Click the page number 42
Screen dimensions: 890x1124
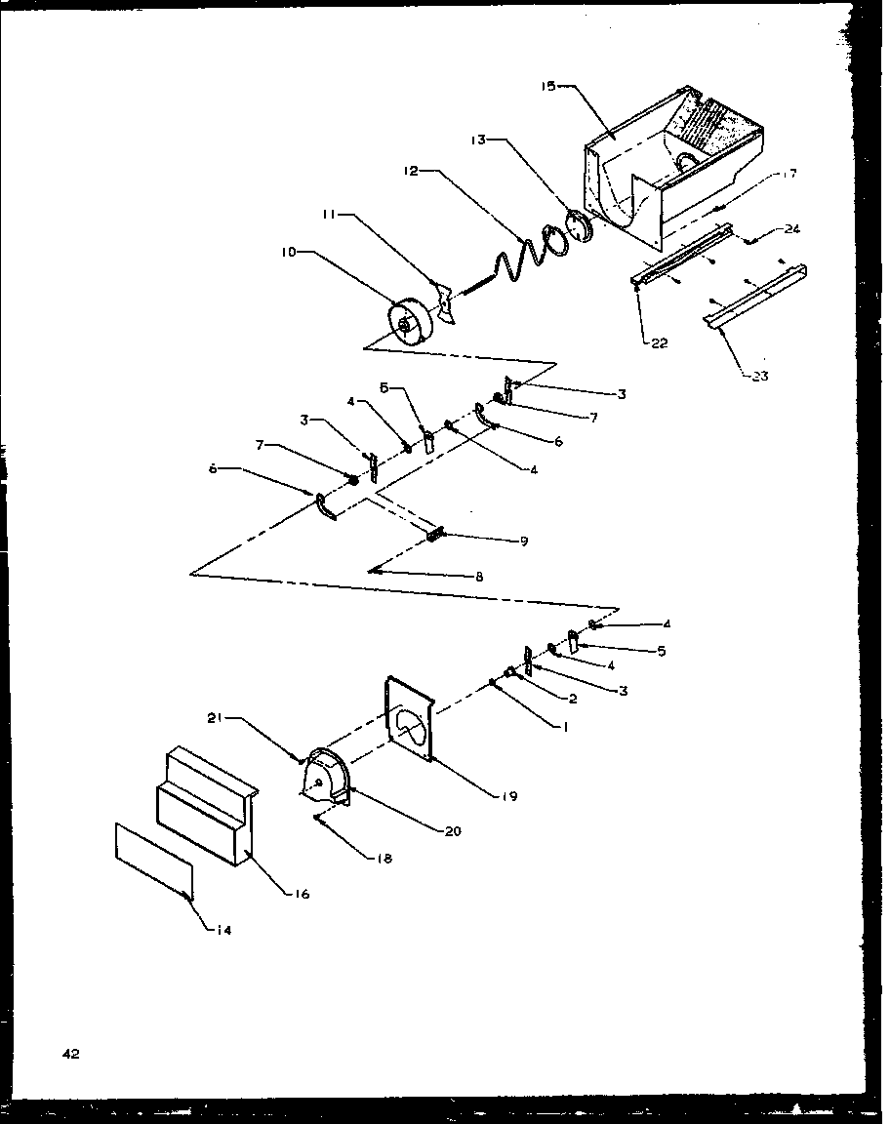70,1053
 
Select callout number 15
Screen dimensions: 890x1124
547,86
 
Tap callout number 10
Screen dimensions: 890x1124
288,252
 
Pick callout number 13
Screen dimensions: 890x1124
478,140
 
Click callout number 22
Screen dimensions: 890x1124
659,343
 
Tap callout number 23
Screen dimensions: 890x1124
759,376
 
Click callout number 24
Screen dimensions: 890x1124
791,229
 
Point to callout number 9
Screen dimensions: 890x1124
524,542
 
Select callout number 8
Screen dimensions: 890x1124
479,577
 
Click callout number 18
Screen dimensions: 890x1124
384,858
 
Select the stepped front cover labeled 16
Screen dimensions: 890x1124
207,806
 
